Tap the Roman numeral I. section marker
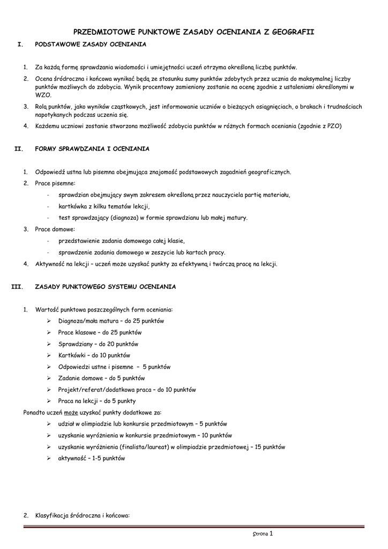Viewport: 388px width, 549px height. point(20,44)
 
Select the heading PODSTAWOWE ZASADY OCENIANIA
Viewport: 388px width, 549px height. point(90,44)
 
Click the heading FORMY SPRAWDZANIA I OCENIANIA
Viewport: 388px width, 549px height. point(92,149)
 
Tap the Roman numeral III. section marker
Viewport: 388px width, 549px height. point(17,287)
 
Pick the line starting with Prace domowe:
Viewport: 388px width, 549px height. point(55,229)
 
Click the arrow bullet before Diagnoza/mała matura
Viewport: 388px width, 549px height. point(49,321)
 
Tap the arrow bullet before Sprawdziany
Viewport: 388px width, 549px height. point(49,344)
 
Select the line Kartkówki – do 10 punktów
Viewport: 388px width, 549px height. point(94,355)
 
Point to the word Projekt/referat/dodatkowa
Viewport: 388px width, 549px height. point(100,390)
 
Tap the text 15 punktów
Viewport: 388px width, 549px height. point(270,447)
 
